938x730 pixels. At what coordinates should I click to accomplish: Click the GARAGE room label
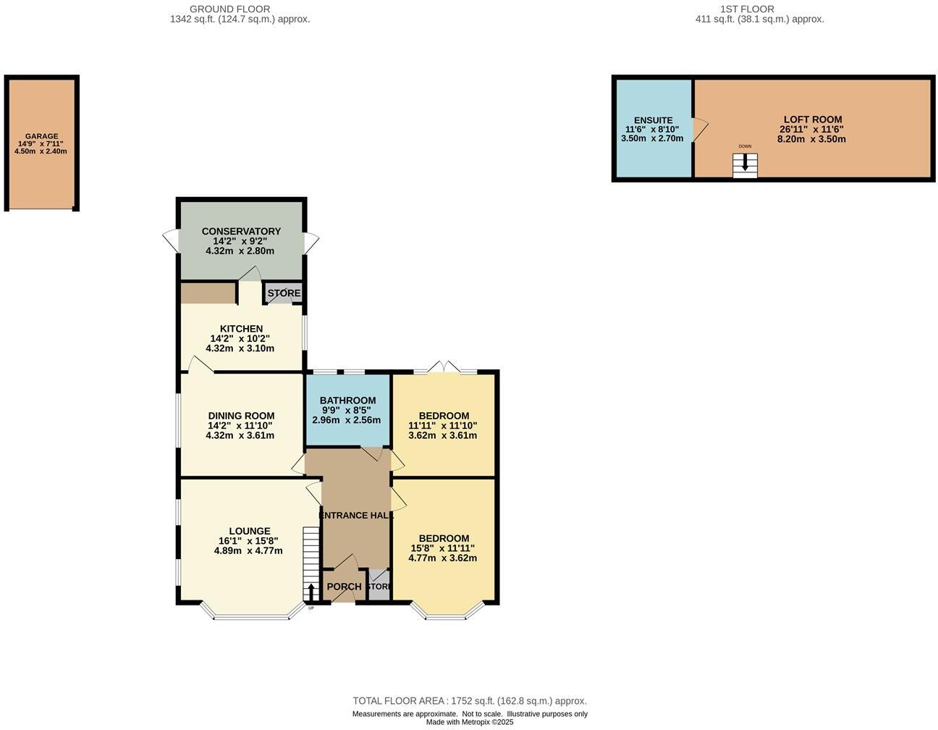click(x=41, y=136)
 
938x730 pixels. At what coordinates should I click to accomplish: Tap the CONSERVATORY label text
click(x=241, y=232)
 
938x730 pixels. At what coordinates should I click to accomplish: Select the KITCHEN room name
click(x=241, y=329)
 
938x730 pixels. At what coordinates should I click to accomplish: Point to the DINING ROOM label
click(x=241, y=416)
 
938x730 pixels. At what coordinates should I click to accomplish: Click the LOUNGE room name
click(x=249, y=531)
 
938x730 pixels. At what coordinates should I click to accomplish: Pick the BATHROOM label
click(x=347, y=400)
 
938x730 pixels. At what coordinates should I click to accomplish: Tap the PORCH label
click(x=344, y=587)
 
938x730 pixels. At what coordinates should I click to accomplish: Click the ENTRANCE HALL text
click(x=356, y=516)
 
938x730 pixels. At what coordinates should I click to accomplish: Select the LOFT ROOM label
click(x=812, y=119)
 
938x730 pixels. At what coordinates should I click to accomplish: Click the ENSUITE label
click(x=653, y=120)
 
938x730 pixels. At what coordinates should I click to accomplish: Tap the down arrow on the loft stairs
click(x=745, y=164)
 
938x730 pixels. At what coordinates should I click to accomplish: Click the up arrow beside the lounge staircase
click(x=311, y=592)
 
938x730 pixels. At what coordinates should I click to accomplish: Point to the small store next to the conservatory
click(x=284, y=293)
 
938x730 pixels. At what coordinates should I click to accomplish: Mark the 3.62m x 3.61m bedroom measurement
click(x=443, y=435)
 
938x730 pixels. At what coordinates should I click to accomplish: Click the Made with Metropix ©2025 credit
click(x=469, y=722)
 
